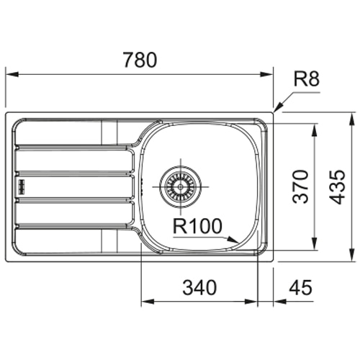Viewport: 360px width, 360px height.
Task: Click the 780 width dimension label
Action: pos(140,60)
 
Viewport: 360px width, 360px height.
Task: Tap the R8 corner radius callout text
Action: pos(307,79)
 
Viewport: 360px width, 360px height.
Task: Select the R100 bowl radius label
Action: pos(197,226)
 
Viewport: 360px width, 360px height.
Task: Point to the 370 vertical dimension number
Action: pos(300,186)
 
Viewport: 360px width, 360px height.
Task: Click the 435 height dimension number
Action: pos(337,187)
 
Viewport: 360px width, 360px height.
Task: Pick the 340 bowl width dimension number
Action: pos(199,287)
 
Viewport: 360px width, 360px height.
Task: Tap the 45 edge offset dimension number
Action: pos(300,287)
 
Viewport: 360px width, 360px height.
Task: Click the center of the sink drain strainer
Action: pos(181,186)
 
